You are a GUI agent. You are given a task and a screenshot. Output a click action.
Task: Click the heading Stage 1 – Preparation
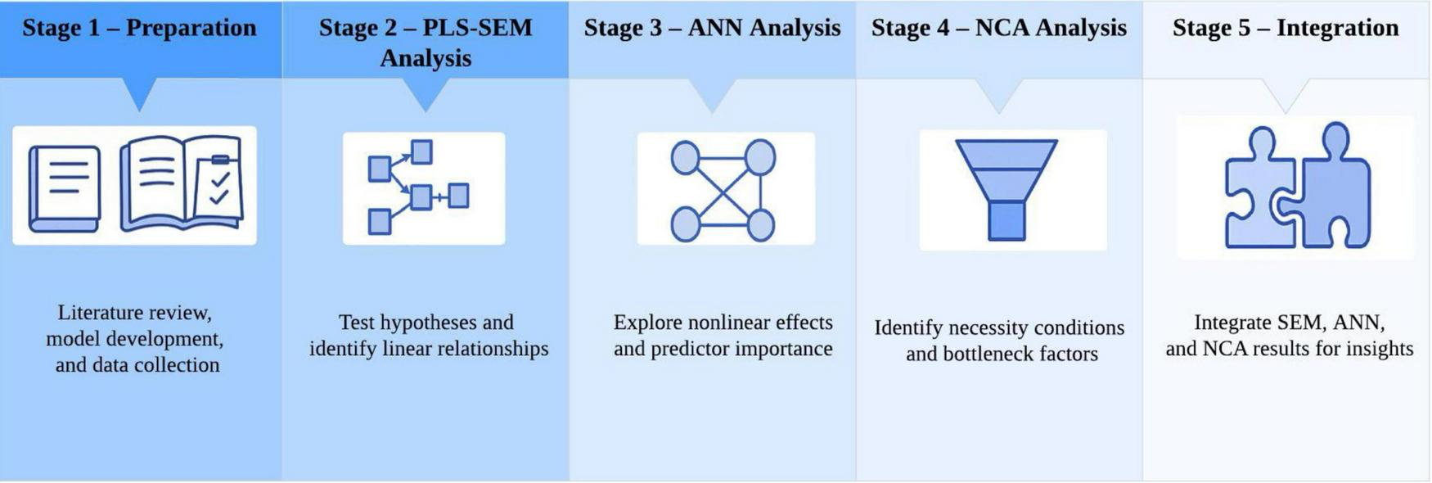139,28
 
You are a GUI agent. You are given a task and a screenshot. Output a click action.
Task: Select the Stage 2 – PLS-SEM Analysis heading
426,43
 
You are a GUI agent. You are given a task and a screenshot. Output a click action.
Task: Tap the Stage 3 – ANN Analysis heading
712,28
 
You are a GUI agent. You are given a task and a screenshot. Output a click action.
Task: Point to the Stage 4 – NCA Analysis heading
998,28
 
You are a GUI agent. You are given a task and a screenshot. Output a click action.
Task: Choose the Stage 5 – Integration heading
1286,28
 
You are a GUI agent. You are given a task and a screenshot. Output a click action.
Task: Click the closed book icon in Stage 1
65,187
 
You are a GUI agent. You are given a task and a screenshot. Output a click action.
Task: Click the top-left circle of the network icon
685,156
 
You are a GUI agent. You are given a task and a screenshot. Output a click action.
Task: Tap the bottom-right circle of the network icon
760,225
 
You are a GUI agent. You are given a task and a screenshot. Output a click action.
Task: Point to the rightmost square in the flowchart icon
458,196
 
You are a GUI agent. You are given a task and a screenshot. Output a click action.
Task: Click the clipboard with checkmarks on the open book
218,187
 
